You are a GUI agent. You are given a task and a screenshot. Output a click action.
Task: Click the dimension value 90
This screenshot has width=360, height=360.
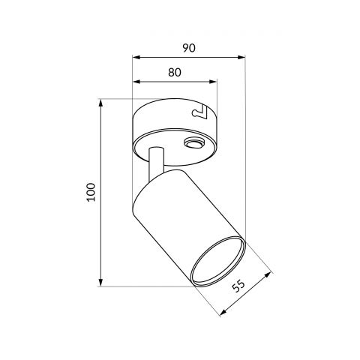[189, 48]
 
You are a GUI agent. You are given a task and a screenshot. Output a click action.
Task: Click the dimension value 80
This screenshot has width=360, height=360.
[174, 73]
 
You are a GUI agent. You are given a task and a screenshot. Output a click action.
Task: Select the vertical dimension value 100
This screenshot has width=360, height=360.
[91, 192]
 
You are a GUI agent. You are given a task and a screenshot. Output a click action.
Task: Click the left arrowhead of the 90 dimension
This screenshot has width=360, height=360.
[136, 58]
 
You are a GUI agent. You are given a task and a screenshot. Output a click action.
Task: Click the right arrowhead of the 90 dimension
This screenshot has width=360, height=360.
[241, 58]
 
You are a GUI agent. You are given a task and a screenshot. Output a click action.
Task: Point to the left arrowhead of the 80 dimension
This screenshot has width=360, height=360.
[136, 82]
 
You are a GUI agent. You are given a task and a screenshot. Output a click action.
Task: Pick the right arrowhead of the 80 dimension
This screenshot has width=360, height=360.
[213, 82]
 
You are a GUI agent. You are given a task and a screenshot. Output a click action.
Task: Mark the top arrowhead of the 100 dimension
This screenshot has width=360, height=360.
[100, 103]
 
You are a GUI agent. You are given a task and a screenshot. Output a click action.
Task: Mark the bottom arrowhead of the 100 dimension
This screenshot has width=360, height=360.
[100, 283]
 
